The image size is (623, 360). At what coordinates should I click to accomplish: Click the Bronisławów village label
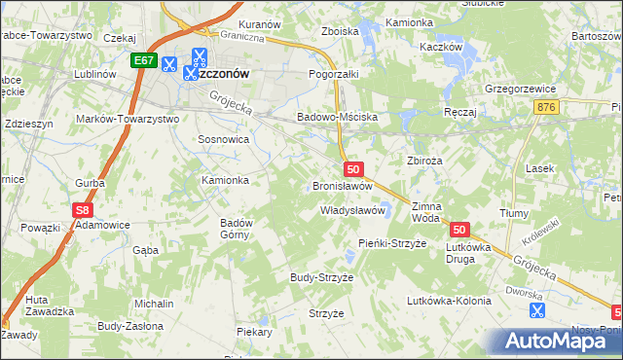coord(342,185)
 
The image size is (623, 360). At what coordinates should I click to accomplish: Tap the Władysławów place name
coord(354,210)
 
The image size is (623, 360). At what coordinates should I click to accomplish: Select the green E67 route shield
coord(144,60)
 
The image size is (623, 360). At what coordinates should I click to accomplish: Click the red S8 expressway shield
coord(84,208)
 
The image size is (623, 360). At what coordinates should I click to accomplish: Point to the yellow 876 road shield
coord(546,107)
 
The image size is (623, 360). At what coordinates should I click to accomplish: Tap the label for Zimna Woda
coord(426,212)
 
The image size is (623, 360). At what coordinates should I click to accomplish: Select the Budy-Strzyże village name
coord(321,277)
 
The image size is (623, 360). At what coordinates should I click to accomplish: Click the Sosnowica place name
coord(223,140)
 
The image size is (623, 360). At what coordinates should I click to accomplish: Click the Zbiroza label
coord(424,160)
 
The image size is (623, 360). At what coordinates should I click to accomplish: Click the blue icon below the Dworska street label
coord(535,310)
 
